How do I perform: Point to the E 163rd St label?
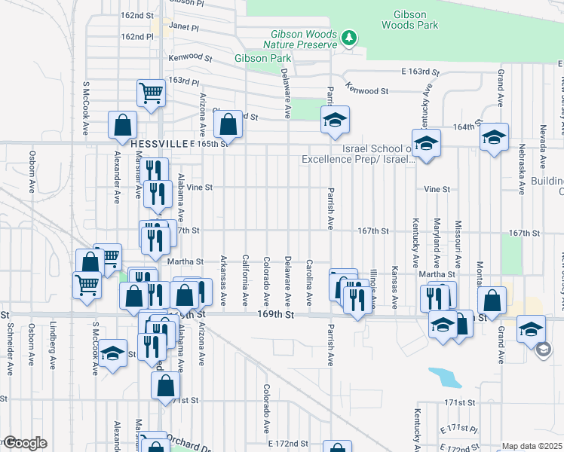pos(420,72)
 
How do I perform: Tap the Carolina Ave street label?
pos(309,282)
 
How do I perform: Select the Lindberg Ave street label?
pos(53,346)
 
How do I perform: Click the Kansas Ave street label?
pos(394,286)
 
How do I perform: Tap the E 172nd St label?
pos(290,444)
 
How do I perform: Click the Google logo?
pos(24,443)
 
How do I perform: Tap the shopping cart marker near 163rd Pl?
pos(151,93)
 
